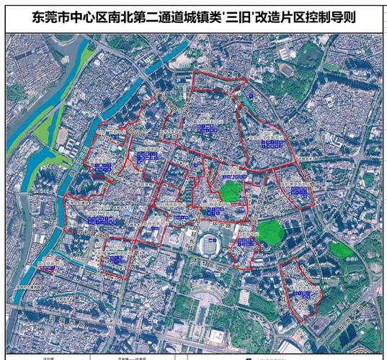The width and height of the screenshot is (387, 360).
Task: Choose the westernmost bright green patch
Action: [x=230, y=191]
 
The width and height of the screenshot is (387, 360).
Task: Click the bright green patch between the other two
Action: [x=270, y=232]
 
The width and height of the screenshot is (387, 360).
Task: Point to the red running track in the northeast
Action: [x=285, y=71]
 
